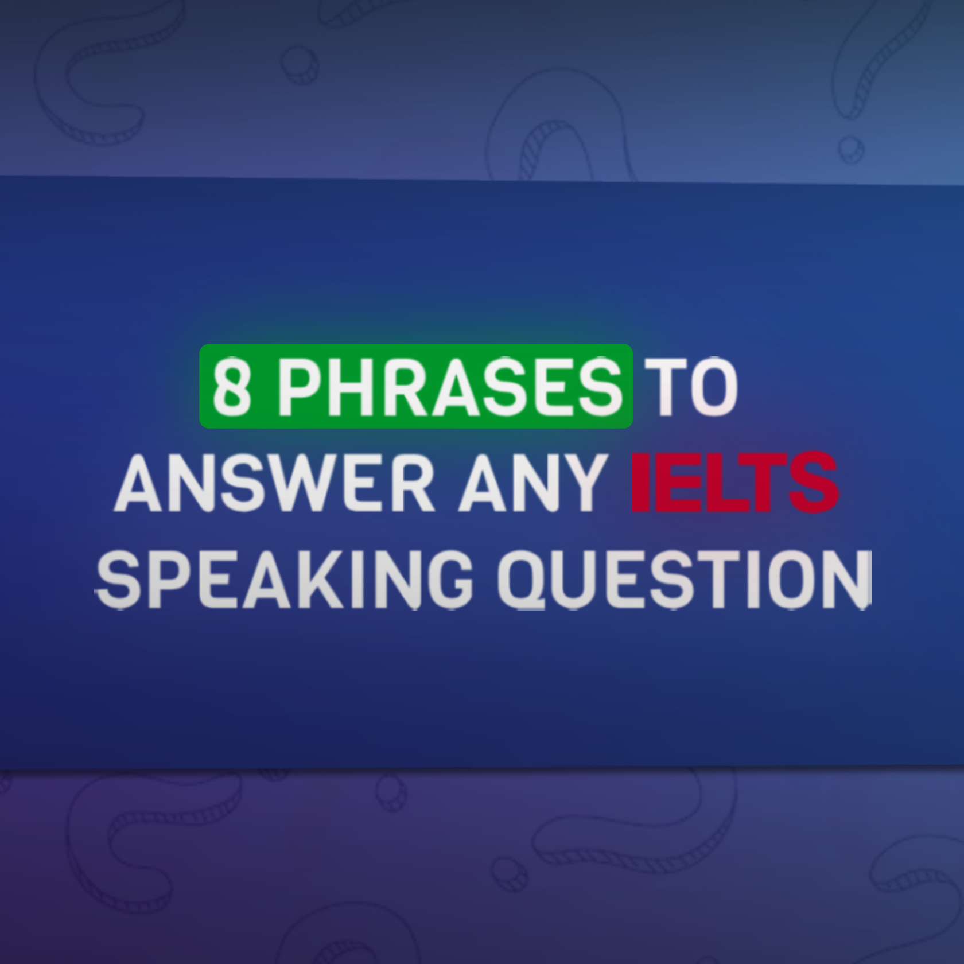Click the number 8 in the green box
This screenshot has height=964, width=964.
click(232, 386)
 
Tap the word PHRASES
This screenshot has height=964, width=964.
click(450, 386)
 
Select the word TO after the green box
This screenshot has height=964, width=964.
click(694, 386)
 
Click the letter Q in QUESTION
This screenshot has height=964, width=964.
click(531, 580)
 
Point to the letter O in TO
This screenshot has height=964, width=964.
click(714, 386)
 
